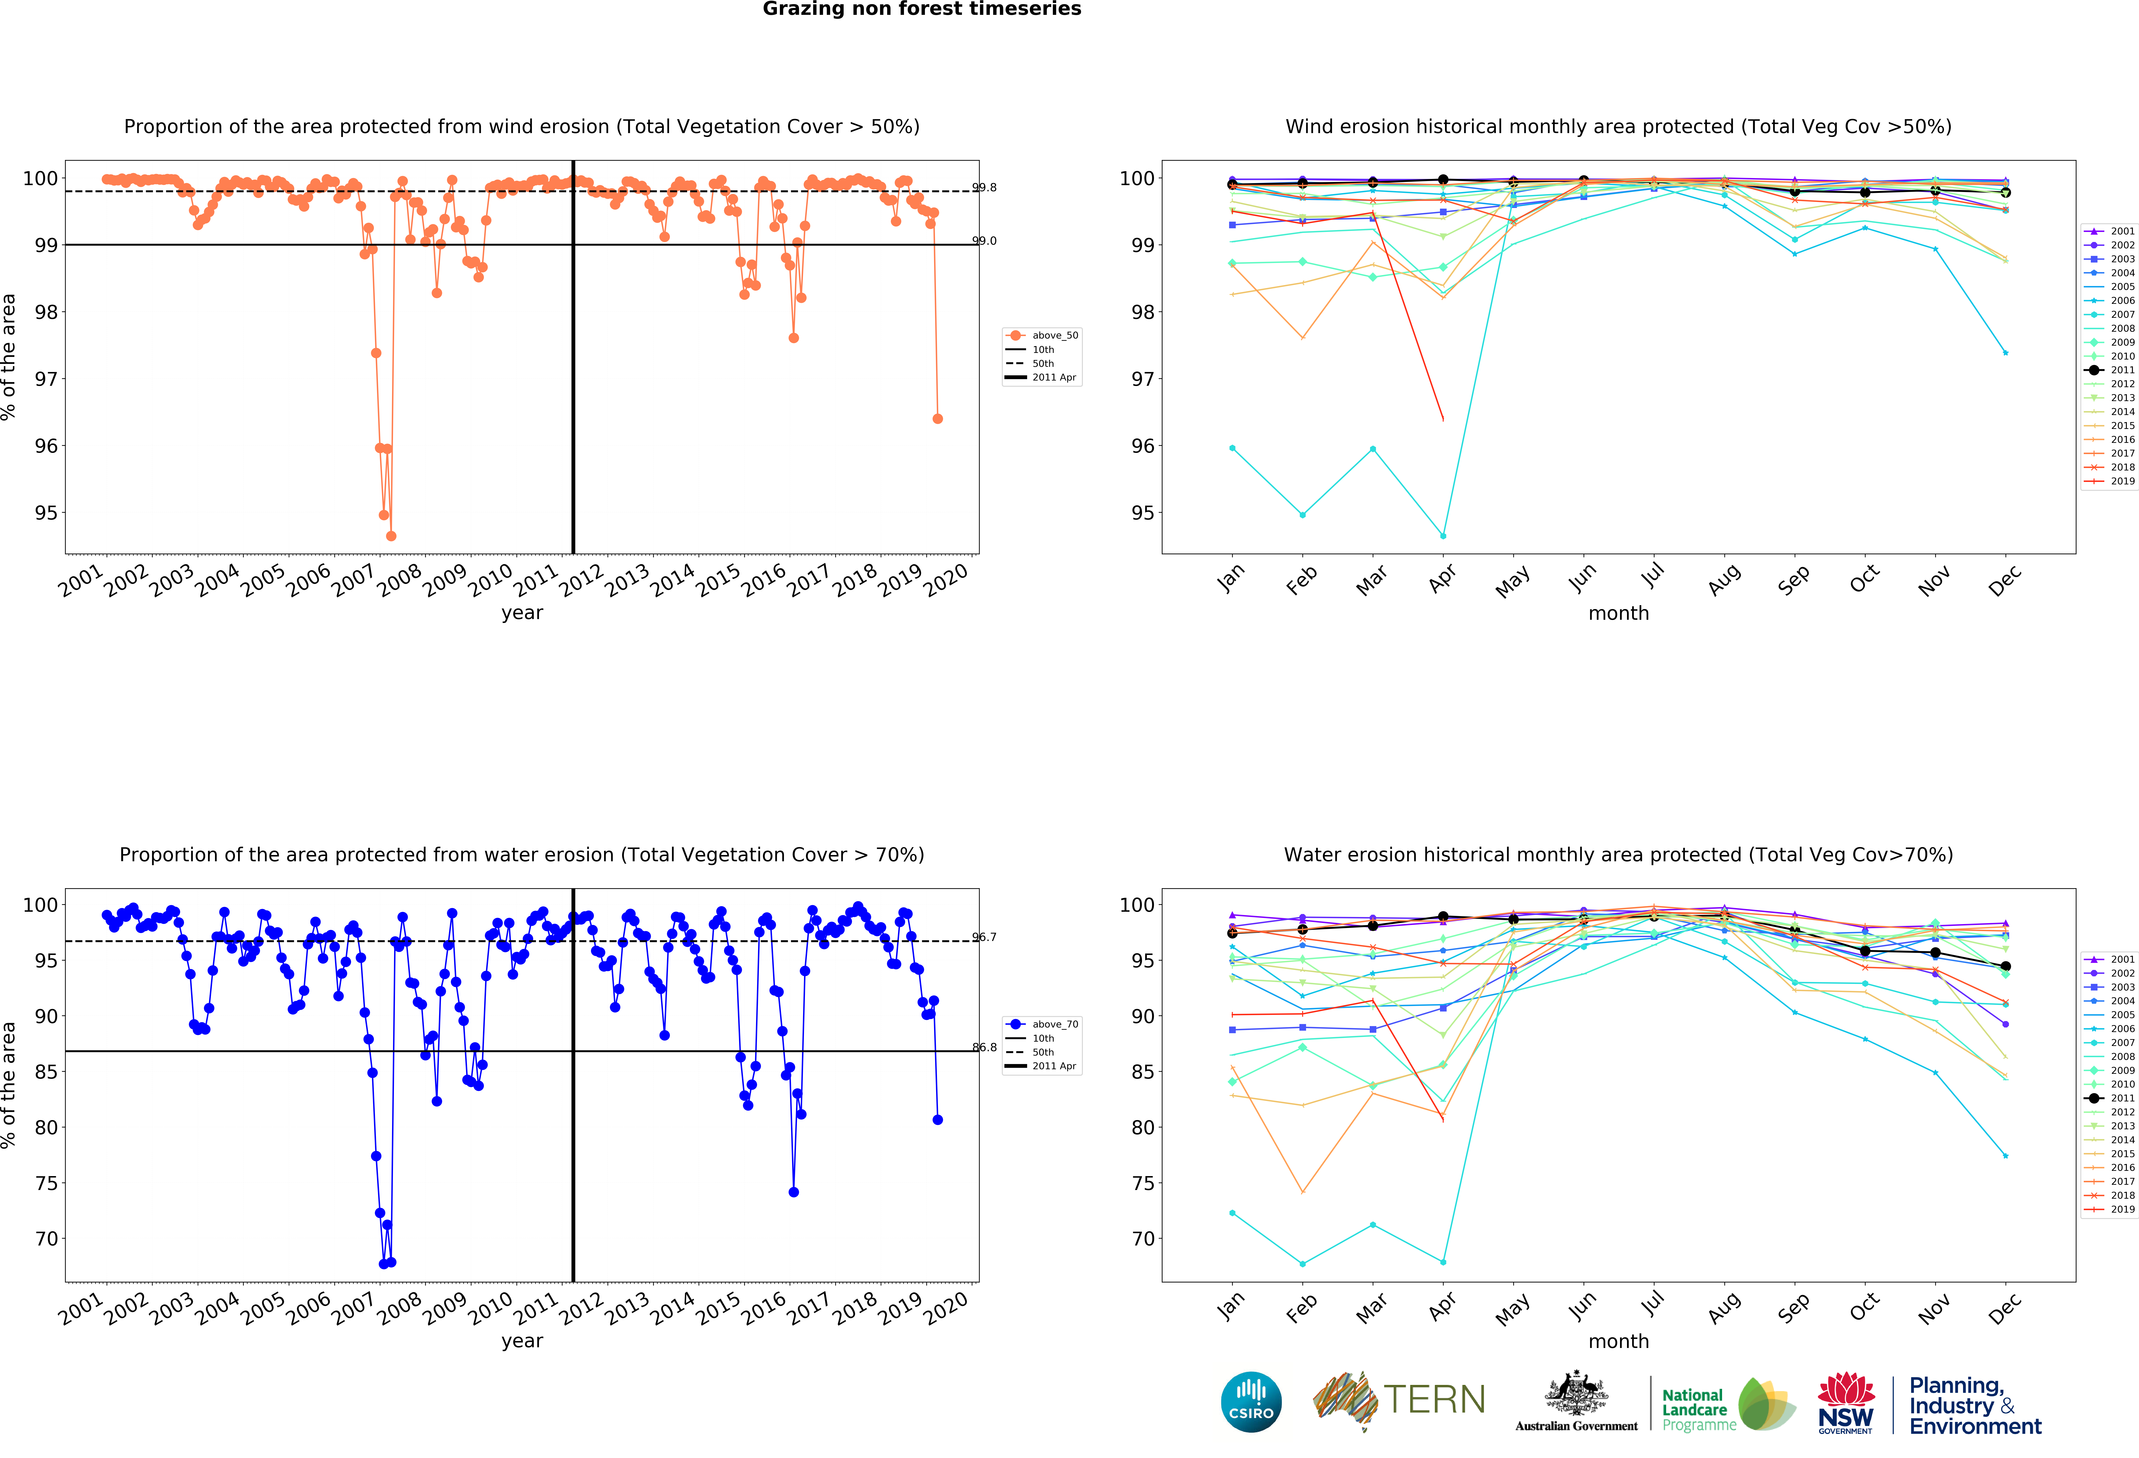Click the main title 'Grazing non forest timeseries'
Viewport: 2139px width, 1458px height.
tap(921, 9)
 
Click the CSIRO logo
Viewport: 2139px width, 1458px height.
tap(1251, 1402)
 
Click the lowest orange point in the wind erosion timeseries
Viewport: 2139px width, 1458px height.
tap(391, 536)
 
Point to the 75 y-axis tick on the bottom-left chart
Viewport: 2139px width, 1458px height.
tap(46, 1183)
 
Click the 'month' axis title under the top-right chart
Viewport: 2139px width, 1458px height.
tap(1618, 613)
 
